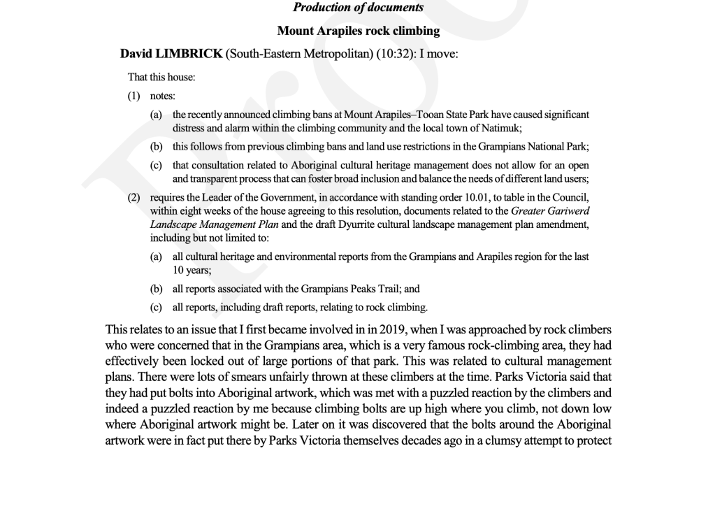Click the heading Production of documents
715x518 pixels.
(358, 8)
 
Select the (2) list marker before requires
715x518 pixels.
(134, 198)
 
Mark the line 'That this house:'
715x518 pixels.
(161, 77)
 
